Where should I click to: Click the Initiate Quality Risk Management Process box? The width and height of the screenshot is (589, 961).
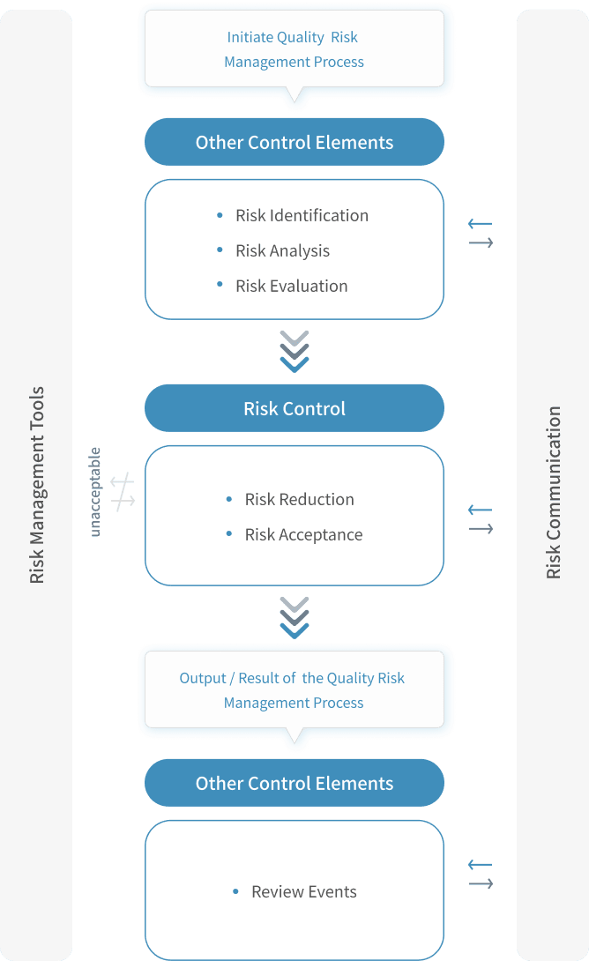point(294,49)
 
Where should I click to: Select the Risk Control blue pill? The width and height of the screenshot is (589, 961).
point(294,408)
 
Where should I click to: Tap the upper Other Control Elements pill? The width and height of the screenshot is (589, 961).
point(294,142)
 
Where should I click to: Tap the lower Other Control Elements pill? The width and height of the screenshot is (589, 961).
point(294,783)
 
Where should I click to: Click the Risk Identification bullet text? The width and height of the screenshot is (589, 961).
point(302,215)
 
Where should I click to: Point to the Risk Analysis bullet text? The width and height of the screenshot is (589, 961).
point(283,250)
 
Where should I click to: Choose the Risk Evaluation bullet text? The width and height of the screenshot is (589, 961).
point(292,286)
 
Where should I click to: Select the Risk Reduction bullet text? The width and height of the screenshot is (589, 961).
point(299,499)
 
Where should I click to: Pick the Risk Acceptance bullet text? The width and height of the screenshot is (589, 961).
point(303,534)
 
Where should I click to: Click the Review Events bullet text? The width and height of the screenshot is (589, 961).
point(303,891)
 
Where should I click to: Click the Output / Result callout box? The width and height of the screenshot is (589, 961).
point(294,690)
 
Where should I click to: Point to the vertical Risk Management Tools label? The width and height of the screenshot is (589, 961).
point(37,485)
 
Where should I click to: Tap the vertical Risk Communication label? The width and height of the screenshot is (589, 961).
point(554,492)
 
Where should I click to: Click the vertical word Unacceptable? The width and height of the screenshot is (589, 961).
point(95,492)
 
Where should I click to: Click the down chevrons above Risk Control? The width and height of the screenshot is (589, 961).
point(294,350)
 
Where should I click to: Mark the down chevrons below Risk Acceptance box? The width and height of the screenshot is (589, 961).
point(294,616)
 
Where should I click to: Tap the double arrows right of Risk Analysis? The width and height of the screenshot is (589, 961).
point(481,234)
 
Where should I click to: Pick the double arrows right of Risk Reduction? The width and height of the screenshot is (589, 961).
point(481,519)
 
